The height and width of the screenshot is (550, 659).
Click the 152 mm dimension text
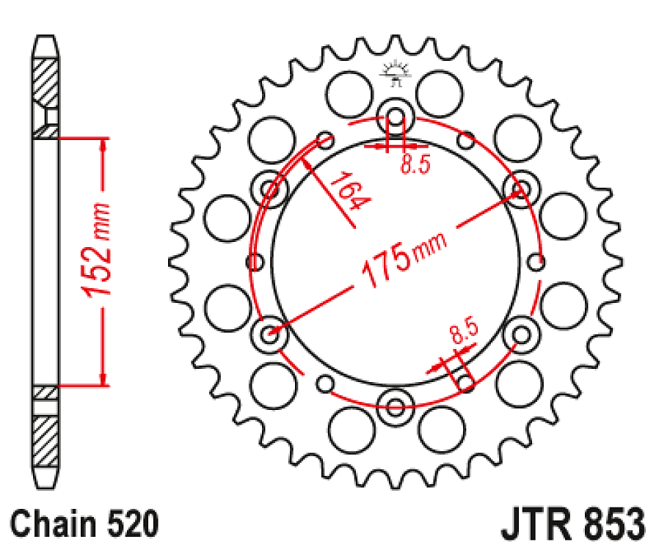(x=97, y=250)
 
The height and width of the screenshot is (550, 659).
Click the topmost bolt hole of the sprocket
(x=396, y=117)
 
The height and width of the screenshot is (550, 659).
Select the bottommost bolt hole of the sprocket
(x=396, y=404)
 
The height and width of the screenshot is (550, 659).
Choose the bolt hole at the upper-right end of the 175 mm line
(x=521, y=188)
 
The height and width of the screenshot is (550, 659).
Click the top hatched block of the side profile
(x=45, y=80)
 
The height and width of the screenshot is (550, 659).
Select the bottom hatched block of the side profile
(x=45, y=439)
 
